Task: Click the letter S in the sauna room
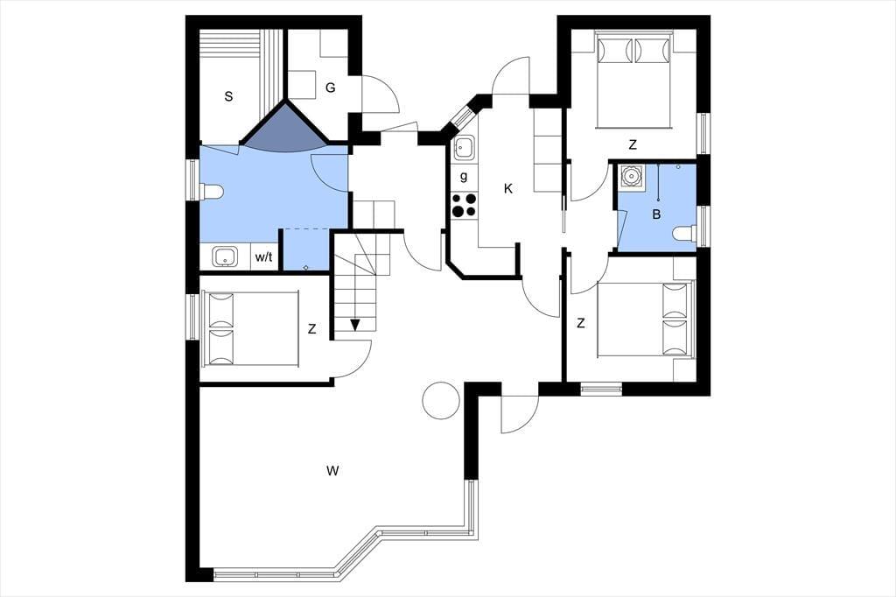tap(228, 96)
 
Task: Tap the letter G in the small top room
tap(330, 88)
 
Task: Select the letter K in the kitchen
tap(508, 189)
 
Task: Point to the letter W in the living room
tap(333, 471)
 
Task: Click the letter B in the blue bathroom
tap(656, 215)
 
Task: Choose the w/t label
tap(263, 257)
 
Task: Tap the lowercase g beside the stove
tap(464, 177)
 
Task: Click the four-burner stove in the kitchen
tap(464, 206)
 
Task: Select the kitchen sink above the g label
tap(464, 149)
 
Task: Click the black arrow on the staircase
tap(355, 325)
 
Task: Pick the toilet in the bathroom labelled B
tap(684, 234)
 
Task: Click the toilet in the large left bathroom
tap(212, 192)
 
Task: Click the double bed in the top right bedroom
tap(633, 80)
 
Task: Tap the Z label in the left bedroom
tap(311, 329)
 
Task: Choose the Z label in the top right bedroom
tap(632, 145)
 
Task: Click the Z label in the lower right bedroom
tap(581, 324)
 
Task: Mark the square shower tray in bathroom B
tap(632, 176)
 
